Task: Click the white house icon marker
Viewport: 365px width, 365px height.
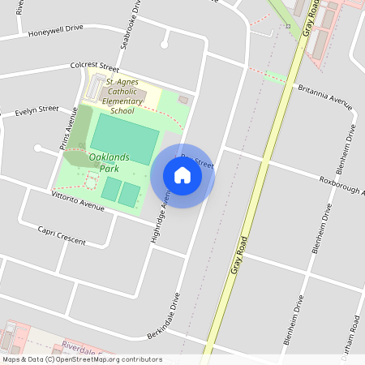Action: point(182,175)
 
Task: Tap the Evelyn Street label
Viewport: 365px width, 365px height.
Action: point(36,109)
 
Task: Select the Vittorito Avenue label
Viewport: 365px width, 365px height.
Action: point(78,202)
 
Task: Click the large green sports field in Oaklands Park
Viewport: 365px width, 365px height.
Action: point(123,138)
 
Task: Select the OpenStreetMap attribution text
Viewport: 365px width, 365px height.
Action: point(82,359)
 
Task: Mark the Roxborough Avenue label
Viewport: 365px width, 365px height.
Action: point(341,186)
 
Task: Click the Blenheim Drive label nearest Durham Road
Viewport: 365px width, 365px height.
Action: point(295,320)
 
